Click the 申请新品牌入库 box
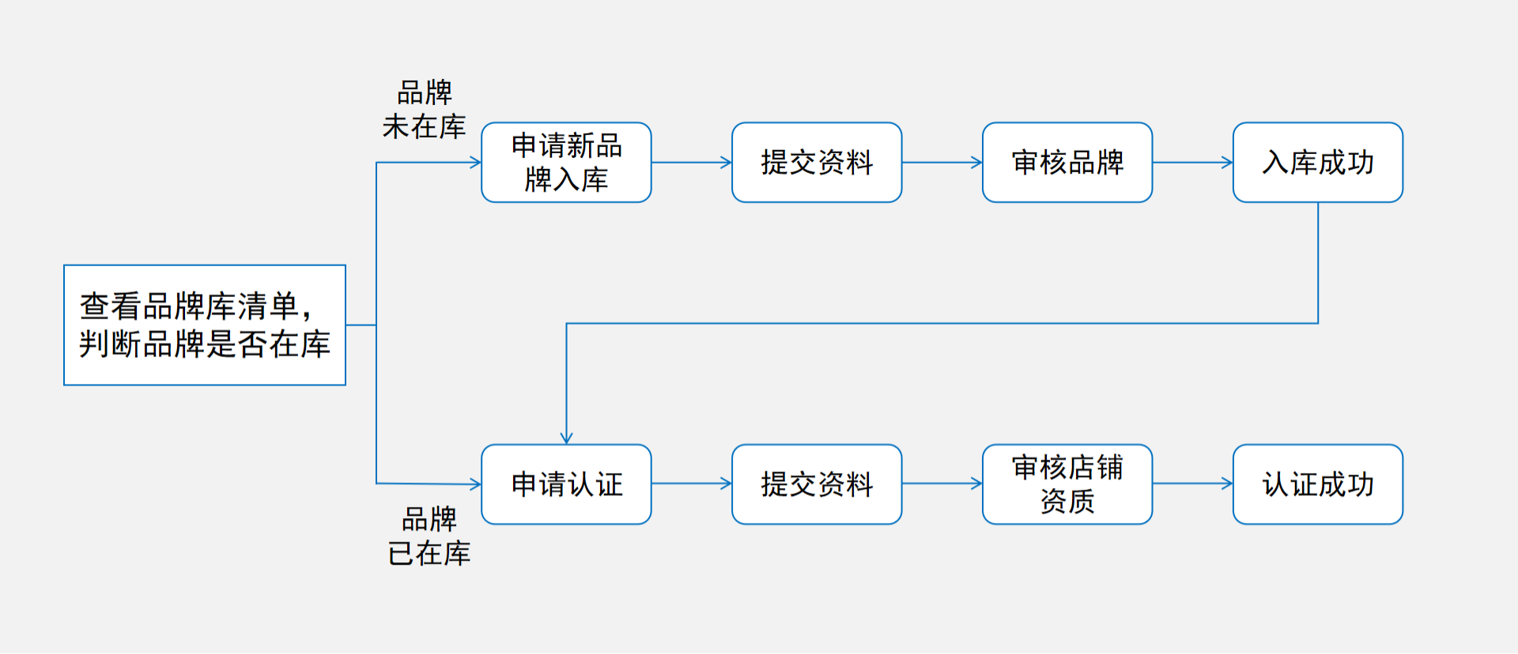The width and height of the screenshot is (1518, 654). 566,163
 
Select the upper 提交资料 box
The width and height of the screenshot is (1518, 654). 817,163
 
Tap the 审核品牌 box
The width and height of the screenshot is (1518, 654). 1067,163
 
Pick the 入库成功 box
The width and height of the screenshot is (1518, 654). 1317,163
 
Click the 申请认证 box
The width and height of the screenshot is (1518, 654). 566,484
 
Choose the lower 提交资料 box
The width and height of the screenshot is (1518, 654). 817,484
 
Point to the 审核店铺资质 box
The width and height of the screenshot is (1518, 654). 1067,484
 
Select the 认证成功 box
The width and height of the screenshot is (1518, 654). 1317,484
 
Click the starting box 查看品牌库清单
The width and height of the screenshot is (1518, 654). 204,325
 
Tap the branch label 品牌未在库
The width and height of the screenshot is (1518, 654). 425,110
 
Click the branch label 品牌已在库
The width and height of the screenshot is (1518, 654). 429,536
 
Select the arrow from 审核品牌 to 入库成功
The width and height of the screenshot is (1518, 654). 1192,163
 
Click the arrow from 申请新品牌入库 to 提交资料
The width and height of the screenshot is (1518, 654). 691,163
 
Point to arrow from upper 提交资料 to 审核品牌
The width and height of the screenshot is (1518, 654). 942,163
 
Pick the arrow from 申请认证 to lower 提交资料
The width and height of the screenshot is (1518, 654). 691,483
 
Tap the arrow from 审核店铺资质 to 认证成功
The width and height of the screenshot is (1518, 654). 1192,483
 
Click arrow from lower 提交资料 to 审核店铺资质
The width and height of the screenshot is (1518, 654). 942,483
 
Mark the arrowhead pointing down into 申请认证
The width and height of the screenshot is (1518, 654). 566,438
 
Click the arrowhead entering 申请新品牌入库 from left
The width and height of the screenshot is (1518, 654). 475,163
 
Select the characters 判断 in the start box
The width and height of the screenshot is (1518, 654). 111,344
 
